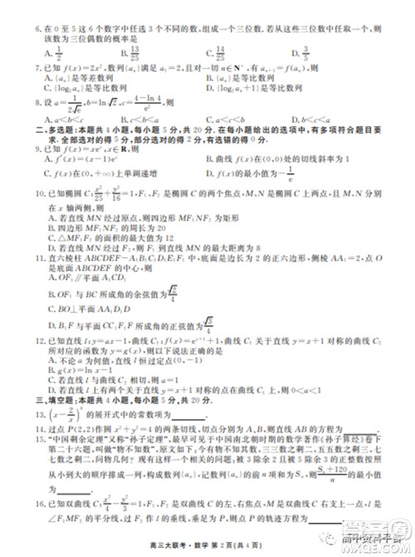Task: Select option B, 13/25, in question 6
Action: click(130, 52)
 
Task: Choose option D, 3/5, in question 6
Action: click(315, 52)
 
